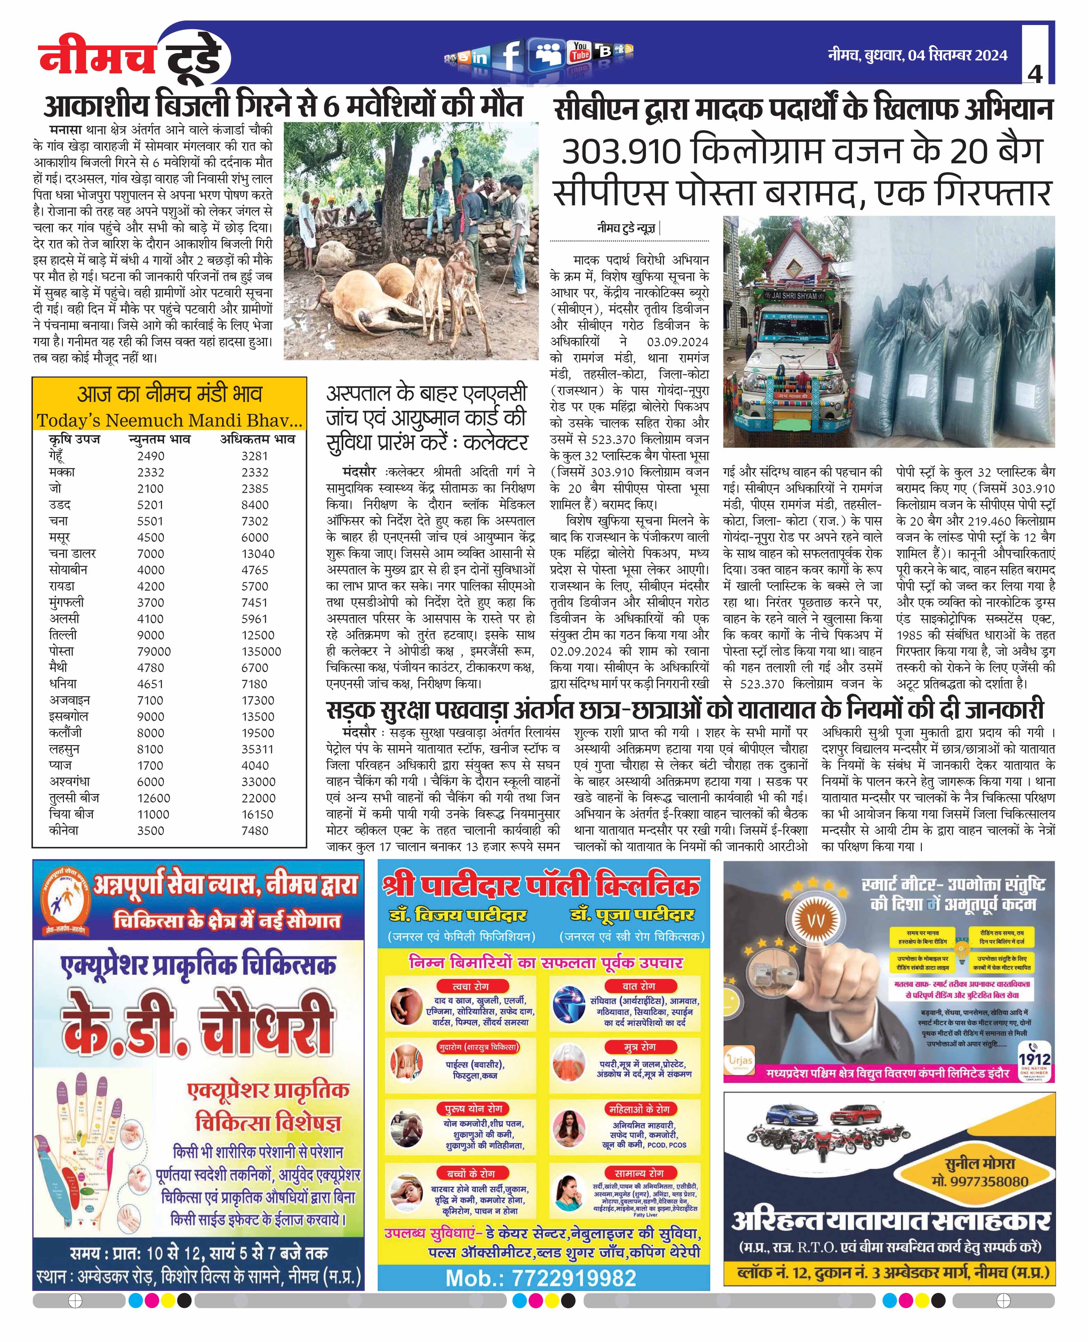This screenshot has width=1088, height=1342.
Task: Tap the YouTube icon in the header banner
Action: (x=580, y=52)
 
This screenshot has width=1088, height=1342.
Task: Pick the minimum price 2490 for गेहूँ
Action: (x=151, y=456)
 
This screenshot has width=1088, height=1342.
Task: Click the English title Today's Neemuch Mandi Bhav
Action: (x=169, y=420)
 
